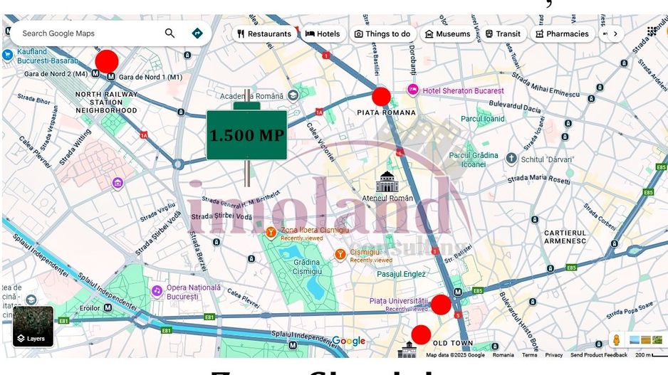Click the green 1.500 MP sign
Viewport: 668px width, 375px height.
pos(246,135)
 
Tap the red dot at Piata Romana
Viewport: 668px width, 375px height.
pos(381,97)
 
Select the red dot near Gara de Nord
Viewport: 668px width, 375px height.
pos(107,60)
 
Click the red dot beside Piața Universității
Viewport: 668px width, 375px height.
pos(441,305)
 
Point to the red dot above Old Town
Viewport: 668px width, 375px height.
pos(421,334)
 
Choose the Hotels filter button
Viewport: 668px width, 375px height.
pos(322,33)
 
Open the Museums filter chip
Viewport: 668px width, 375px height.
pos(447,33)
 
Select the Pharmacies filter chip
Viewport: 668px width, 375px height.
pos(562,33)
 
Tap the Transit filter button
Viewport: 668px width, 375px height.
pos(503,33)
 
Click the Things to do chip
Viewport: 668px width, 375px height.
pos(382,33)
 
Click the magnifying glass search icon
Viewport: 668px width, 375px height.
pos(169,33)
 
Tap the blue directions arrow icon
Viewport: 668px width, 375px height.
pos(197,33)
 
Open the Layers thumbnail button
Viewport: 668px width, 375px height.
pos(33,326)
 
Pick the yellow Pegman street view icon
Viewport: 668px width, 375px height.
pos(617,339)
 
